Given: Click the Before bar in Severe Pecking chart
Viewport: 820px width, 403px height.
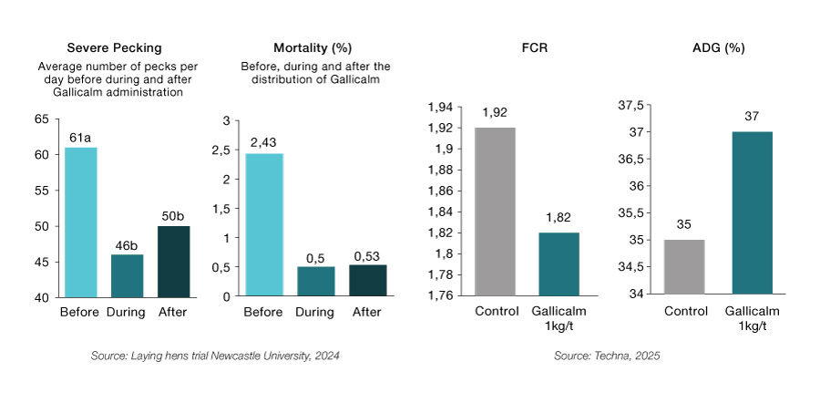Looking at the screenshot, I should [80, 222].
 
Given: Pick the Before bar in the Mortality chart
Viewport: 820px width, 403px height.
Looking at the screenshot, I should [264, 224].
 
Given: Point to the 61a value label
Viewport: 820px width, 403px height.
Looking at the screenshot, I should [80, 138].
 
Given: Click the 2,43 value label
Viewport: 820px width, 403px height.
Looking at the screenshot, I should [264, 143].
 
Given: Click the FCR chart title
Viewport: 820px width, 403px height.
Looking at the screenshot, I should [523, 47].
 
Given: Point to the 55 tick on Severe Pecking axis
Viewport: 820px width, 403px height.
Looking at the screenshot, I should [41, 191].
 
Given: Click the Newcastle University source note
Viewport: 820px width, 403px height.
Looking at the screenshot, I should [215, 356].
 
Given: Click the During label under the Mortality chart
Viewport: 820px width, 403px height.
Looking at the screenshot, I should [315, 312].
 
